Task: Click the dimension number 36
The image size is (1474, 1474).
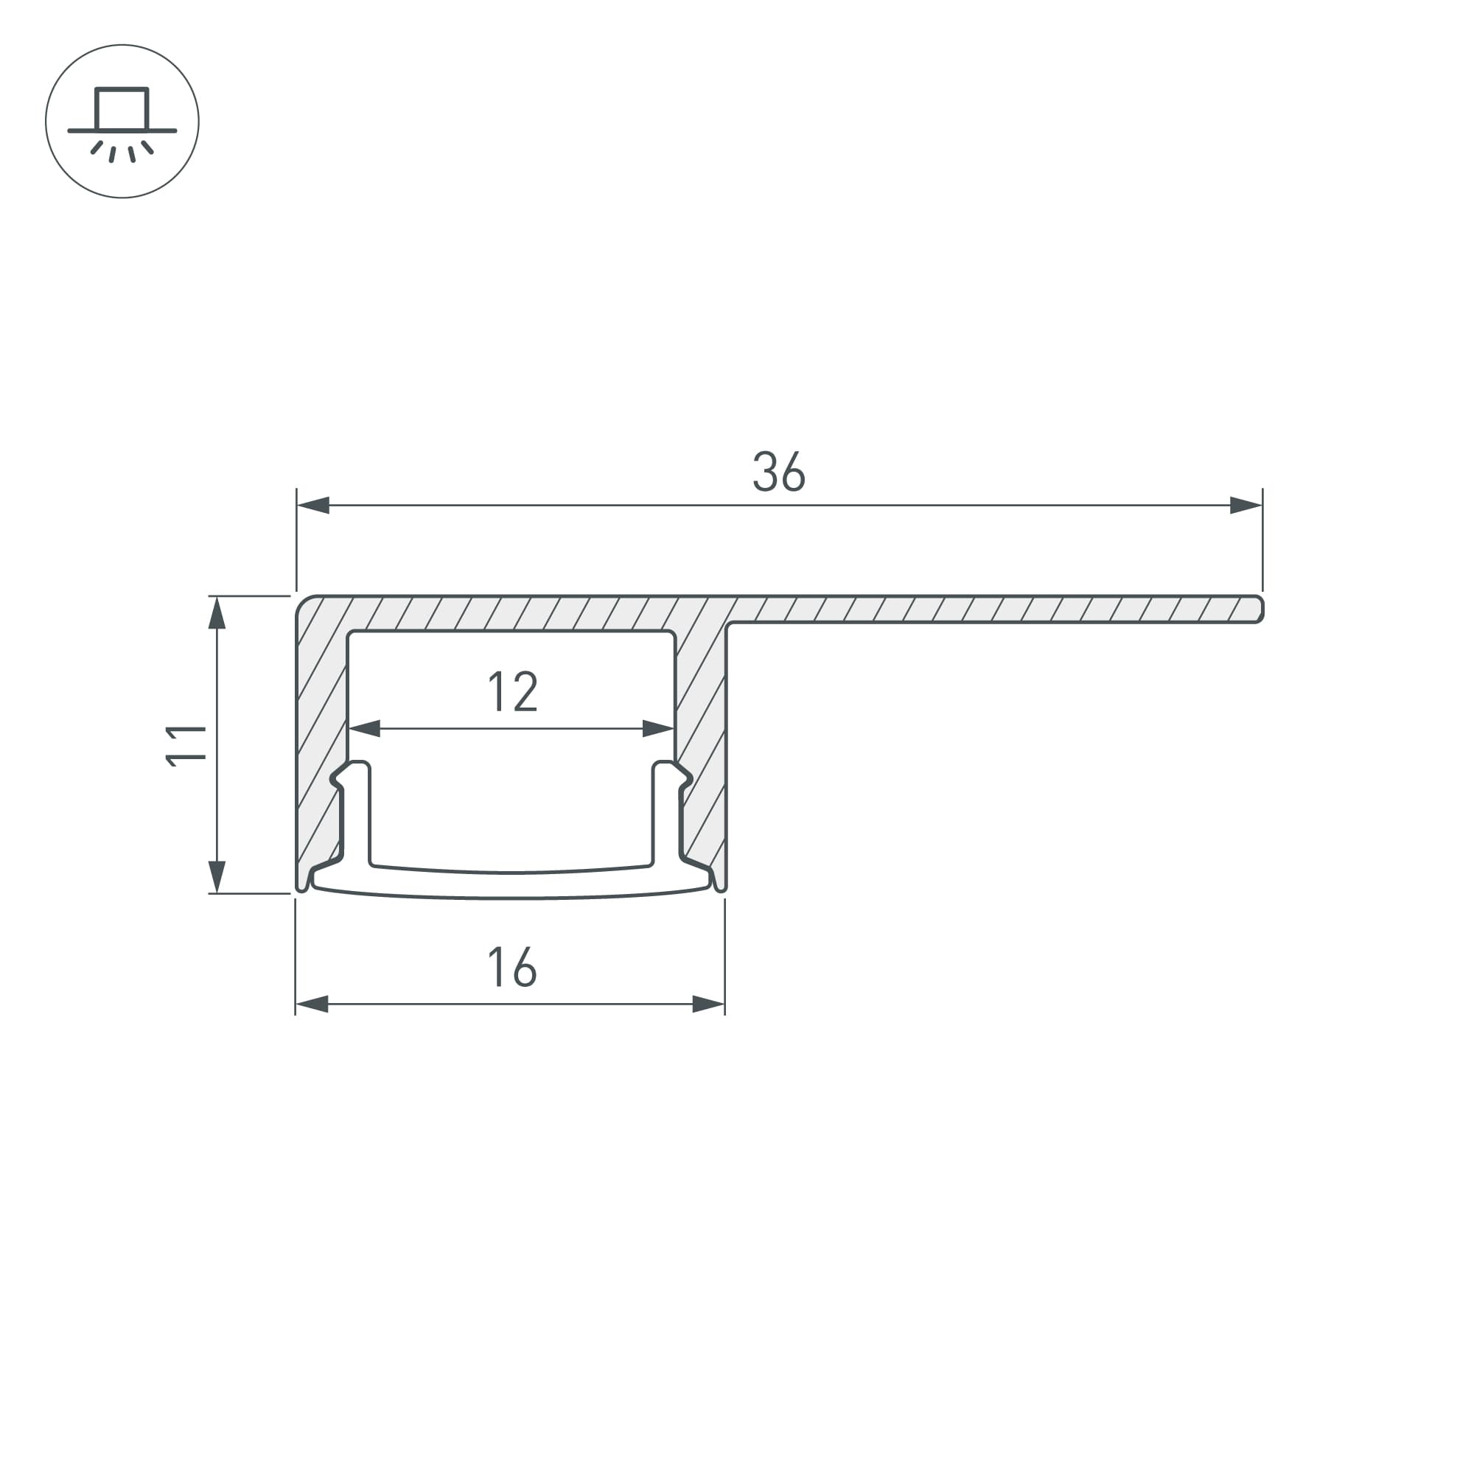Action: tap(778, 472)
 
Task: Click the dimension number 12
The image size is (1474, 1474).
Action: tap(513, 691)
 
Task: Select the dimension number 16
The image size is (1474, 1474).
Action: tap(512, 967)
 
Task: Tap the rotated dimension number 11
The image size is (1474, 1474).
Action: tap(186, 745)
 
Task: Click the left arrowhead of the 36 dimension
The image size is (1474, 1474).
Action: tap(313, 505)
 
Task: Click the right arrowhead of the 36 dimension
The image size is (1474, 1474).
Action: tap(1245, 505)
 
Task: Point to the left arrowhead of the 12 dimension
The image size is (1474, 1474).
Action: tap(364, 729)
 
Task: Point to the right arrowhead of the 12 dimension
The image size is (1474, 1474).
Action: tap(658, 729)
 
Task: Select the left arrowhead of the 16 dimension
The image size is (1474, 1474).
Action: tap(312, 1004)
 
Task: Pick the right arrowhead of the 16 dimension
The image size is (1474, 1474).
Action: tap(708, 1004)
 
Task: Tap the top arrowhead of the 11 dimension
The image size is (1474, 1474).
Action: tap(217, 612)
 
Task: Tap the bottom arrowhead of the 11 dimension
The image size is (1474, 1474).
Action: tap(217, 876)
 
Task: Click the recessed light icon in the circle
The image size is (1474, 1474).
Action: tap(122, 122)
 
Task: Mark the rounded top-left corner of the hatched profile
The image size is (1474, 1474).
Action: tap(305, 604)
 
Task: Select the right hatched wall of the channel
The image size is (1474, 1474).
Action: tap(701, 733)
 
